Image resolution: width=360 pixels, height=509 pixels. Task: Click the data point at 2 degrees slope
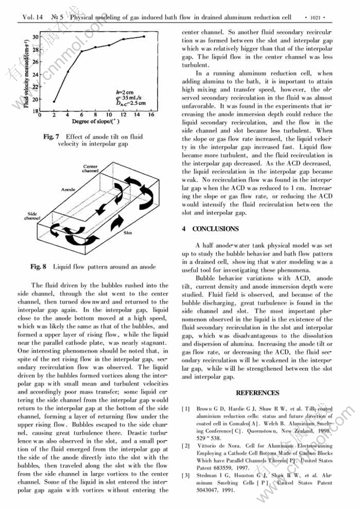[x=55, y=101]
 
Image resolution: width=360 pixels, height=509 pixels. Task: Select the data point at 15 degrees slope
[x=144, y=37]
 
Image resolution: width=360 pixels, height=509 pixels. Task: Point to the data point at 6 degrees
[x=82, y=51]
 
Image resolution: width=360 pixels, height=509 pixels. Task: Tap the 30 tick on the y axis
[x=35, y=37]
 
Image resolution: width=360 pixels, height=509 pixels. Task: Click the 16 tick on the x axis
[x=151, y=115]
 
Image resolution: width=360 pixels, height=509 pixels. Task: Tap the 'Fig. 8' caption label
[x=39, y=266]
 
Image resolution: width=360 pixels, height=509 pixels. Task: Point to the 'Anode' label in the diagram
[x=68, y=189]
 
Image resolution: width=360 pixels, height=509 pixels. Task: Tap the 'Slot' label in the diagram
[x=128, y=233]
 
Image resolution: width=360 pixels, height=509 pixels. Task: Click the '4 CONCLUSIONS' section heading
[x=210, y=229]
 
